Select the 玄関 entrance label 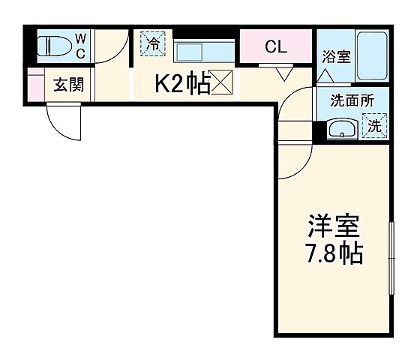point(67,84)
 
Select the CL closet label point(276,47)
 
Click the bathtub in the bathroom point(370,56)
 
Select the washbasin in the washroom point(342,128)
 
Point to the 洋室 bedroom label point(334,226)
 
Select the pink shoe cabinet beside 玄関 point(35,84)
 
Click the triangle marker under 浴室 point(324,75)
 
